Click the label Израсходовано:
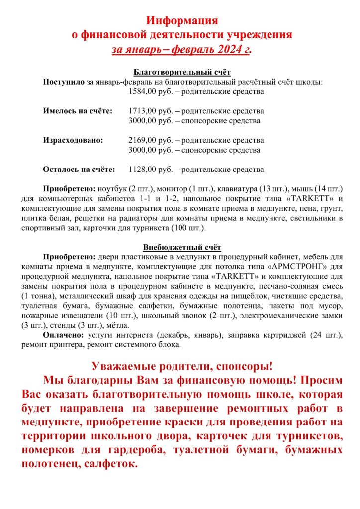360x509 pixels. coord(74,140)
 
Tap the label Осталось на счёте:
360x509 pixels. coord(79,170)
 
